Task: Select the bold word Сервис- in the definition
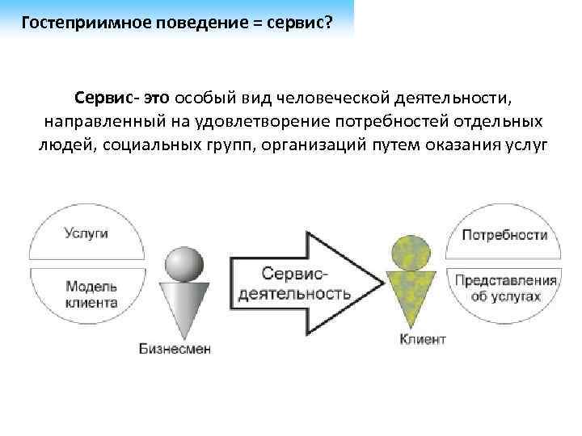point(106,98)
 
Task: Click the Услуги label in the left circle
point(86,234)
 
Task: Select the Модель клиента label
point(91,295)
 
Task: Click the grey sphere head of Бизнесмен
point(184,263)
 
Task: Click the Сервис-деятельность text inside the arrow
point(293,283)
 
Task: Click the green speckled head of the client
point(410,254)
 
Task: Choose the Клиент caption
point(422,339)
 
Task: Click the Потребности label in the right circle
point(505,235)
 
